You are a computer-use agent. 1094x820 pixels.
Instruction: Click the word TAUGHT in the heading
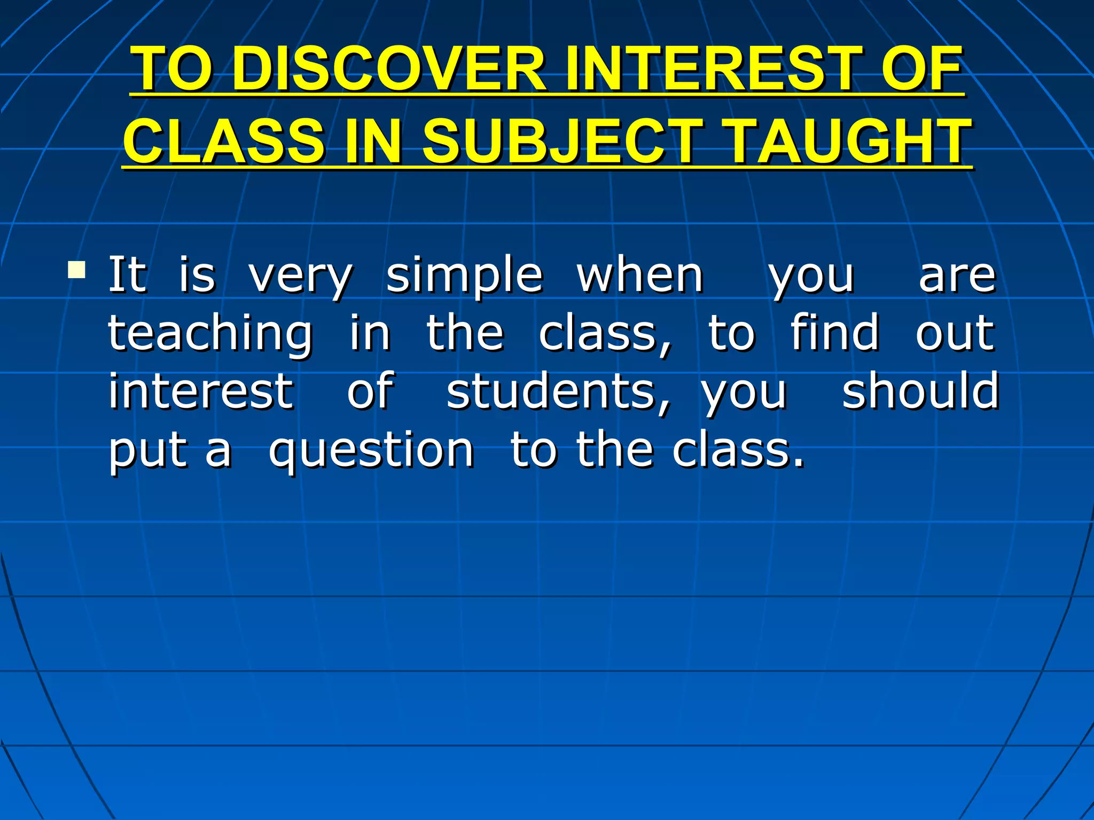coord(849,141)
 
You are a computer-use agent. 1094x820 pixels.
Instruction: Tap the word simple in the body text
coord(464,277)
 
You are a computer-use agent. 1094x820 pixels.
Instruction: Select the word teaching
coord(210,335)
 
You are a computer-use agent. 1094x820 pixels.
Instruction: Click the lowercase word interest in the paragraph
coord(201,391)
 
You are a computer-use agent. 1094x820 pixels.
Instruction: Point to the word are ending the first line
coord(957,277)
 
